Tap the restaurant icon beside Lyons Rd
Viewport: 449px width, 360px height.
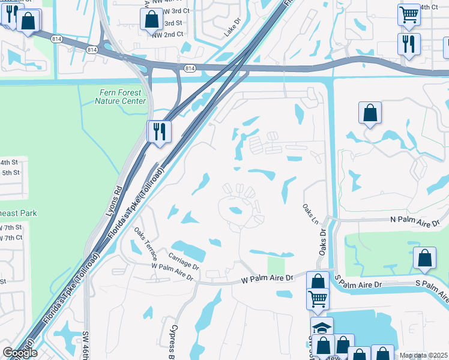tap(159, 132)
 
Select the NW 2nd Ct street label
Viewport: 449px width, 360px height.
tap(167, 34)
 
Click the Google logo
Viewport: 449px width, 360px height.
tap(20, 353)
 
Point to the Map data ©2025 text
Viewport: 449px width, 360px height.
tap(424, 355)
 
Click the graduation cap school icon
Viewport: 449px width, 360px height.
tap(322, 328)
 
